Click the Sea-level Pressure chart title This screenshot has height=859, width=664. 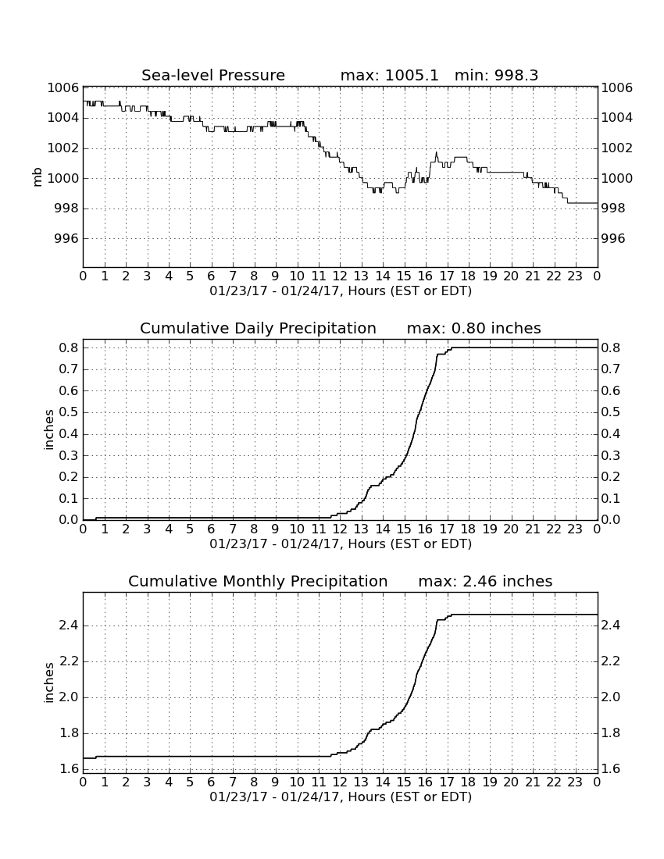click(213, 75)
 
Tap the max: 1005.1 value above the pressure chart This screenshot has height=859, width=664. click(390, 75)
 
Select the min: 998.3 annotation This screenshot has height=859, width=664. click(496, 75)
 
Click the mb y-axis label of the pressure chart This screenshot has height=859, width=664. click(37, 177)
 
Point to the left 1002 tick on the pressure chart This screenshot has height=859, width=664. click(63, 148)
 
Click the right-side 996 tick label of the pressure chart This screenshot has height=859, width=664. click(613, 238)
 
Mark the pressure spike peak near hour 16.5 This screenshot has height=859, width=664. click(437, 152)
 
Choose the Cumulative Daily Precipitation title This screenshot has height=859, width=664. click(258, 328)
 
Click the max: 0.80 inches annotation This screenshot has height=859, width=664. click(474, 328)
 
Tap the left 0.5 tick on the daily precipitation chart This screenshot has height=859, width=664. click(69, 412)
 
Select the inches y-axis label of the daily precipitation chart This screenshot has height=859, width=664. click(49, 430)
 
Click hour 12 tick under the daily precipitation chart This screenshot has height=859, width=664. click(340, 529)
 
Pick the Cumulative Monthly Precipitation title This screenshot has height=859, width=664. click(258, 581)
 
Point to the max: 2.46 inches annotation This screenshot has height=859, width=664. click(485, 581)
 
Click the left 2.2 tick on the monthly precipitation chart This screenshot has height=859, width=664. click(69, 661)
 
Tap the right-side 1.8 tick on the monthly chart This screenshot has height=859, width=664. click(611, 733)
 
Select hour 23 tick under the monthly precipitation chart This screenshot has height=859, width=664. click(575, 782)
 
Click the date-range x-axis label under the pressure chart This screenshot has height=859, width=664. click(341, 291)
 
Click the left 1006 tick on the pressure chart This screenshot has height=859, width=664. click(63, 87)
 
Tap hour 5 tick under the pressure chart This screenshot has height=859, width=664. click(190, 276)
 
